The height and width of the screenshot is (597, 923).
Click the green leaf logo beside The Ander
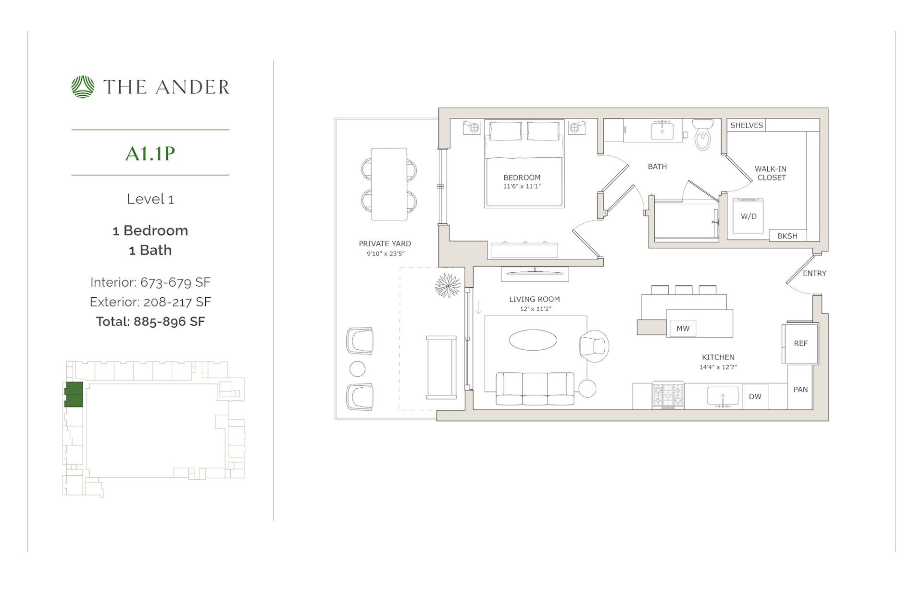pos(83,87)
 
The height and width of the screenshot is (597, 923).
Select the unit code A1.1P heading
pos(150,153)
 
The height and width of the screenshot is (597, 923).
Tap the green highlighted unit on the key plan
pos(74,394)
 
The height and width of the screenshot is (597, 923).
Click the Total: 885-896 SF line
pos(150,321)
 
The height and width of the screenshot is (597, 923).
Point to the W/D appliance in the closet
pos(748,216)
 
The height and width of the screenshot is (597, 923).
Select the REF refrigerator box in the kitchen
pos(800,343)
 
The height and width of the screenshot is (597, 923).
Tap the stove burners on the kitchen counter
pos(668,394)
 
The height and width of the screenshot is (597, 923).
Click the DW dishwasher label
pos(755,396)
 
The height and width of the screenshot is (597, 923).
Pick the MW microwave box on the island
pos(683,329)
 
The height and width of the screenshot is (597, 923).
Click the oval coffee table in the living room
pos(533,340)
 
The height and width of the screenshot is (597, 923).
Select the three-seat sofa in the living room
pos(535,388)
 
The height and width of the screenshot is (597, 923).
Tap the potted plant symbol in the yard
pos(448,285)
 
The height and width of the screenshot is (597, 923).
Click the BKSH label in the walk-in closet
pos(787,236)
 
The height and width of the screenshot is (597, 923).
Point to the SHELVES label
pos(746,125)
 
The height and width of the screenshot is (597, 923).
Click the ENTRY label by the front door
pos(814,273)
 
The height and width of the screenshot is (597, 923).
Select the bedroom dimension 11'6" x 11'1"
pos(522,186)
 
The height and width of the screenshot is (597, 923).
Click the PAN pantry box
pos(800,390)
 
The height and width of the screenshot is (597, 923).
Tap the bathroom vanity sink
pos(662,130)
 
